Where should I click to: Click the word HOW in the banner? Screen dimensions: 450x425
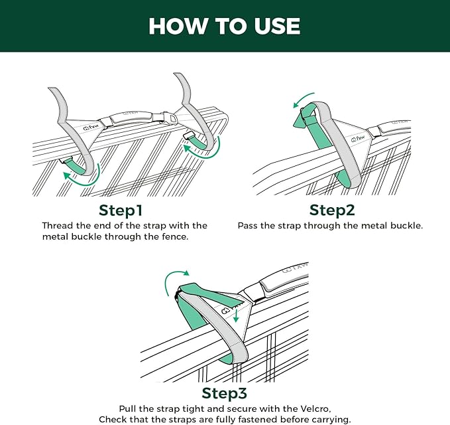click(x=178, y=26)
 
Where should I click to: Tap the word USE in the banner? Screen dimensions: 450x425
click(x=277, y=26)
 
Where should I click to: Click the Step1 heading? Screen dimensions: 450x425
click(x=121, y=211)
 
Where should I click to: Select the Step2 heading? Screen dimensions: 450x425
click(x=332, y=210)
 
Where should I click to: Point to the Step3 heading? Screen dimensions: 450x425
click(x=224, y=393)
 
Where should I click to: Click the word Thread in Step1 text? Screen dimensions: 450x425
click(x=58, y=225)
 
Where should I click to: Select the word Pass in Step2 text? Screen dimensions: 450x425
click(x=247, y=225)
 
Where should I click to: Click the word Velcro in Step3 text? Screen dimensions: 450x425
click(x=315, y=408)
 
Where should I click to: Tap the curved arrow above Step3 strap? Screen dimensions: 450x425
click(x=174, y=278)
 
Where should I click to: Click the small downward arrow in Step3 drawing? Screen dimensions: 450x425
click(x=236, y=315)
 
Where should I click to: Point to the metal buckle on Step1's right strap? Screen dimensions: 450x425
click(x=188, y=135)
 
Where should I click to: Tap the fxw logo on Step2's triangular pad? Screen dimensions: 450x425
click(x=358, y=139)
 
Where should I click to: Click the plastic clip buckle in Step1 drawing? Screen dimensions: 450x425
click(x=163, y=118)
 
